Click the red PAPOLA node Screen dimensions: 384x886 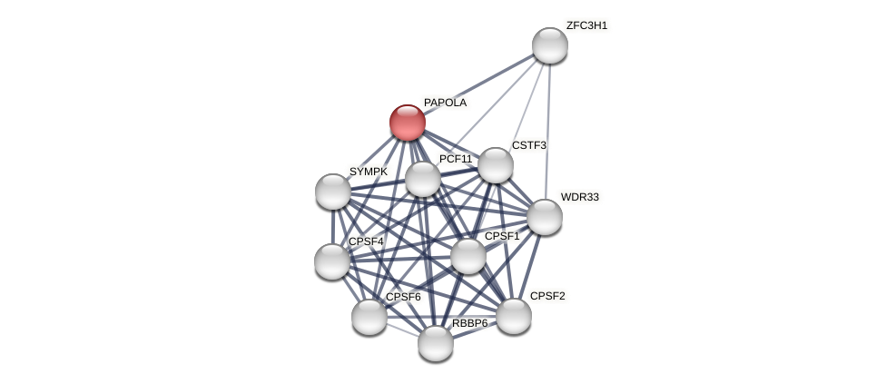(x=408, y=123)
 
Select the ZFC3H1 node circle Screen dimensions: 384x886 (x=549, y=45)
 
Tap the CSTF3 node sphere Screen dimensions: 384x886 (x=495, y=165)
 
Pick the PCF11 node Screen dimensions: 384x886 (x=423, y=179)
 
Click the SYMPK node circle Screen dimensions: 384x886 (x=333, y=192)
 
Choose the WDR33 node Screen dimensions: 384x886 (x=545, y=217)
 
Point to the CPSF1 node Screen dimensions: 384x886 (x=468, y=256)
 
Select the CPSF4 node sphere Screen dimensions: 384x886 (x=332, y=261)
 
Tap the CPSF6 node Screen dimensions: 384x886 (x=369, y=317)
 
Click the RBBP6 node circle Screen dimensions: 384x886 (x=436, y=343)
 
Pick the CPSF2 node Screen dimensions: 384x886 (x=514, y=316)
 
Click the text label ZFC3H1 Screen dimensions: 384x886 (x=586, y=25)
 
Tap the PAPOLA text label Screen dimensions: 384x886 (x=445, y=103)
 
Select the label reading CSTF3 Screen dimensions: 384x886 (x=528, y=145)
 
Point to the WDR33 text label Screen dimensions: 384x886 (x=579, y=197)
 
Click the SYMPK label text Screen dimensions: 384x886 (x=368, y=172)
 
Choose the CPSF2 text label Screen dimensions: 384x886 (x=547, y=296)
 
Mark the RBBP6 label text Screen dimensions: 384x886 (x=469, y=323)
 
